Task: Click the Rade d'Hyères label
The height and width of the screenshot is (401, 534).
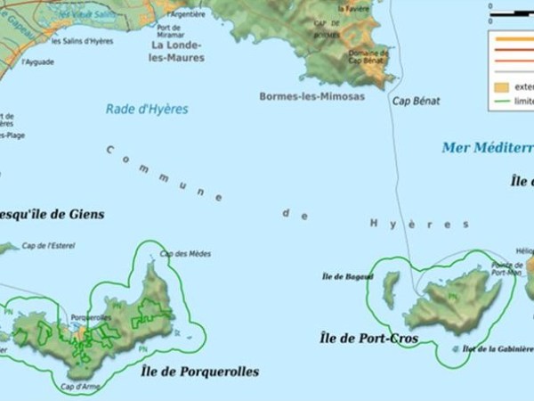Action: [148, 110]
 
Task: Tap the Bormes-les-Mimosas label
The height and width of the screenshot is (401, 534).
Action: [311, 96]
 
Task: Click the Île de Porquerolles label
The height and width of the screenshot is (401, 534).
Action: [199, 371]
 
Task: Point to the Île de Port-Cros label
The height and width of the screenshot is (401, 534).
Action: [368, 339]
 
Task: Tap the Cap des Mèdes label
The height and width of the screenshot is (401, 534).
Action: [186, 254]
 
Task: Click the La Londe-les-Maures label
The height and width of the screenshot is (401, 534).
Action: [177, 51]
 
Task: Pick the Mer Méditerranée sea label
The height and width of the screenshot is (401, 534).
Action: [487, 147]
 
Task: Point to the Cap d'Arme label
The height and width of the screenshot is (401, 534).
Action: [79, 387]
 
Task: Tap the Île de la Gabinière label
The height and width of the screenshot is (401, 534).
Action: [498, 349]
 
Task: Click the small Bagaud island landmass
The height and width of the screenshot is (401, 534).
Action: [390, 291]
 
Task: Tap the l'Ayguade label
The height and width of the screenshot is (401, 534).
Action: [39, 62]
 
